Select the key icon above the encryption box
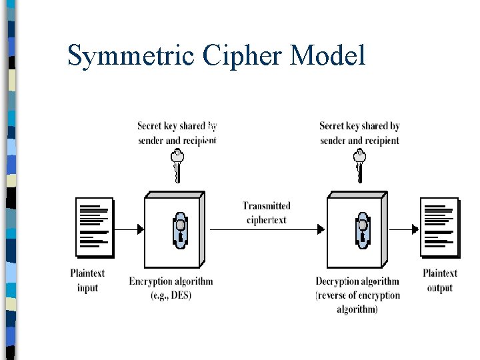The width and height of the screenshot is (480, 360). [x=177, y=164]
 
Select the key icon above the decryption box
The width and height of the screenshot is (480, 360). [x=359, y=164]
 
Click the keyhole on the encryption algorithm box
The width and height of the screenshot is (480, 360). [x=179, y=229]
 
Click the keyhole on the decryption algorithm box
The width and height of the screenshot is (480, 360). [x=362, y=229]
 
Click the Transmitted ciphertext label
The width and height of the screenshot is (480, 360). [x=267, y=213]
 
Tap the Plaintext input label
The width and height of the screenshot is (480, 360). [x=87, y=280]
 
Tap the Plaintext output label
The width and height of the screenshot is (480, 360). [x=440, y=280]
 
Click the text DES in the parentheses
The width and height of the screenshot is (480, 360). [x=180, y=295]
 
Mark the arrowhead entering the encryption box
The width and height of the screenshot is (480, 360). [x=140, y=229]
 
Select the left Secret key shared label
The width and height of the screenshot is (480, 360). [x=177, y=133]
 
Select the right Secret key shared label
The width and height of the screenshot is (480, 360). [x=359, y=133]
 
